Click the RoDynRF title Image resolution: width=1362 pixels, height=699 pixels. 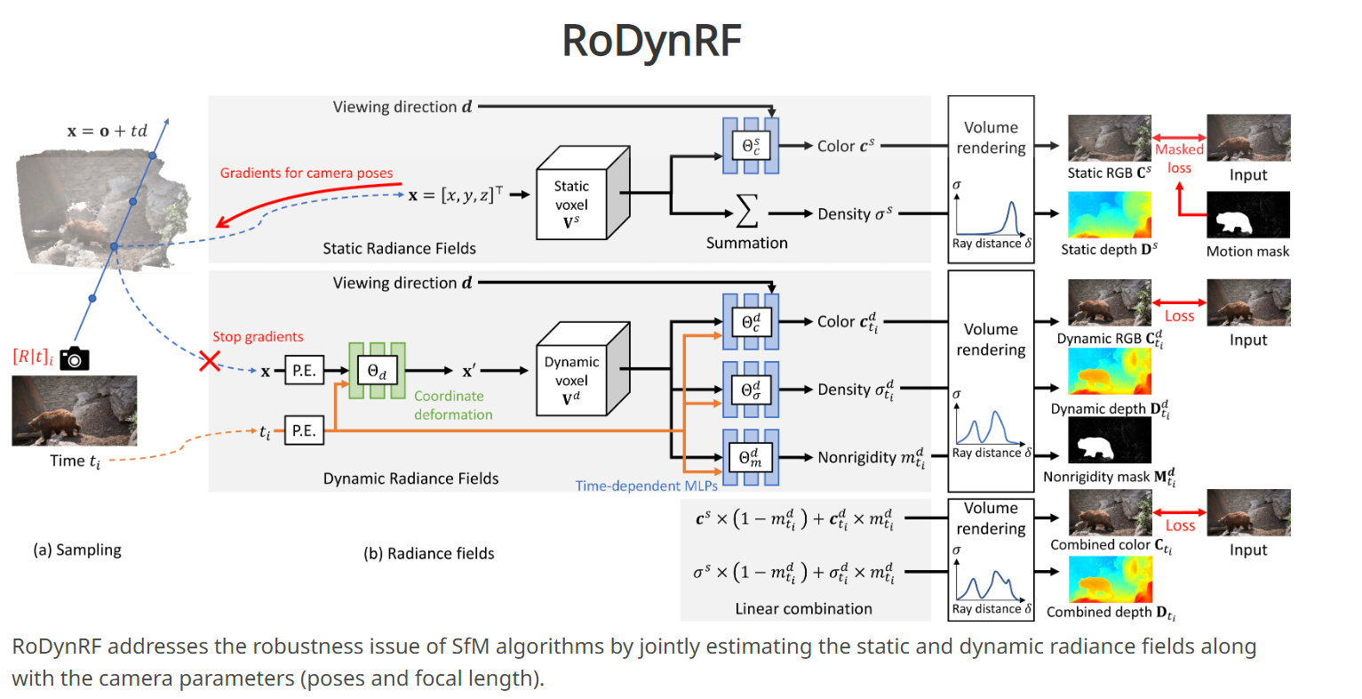[651, 40]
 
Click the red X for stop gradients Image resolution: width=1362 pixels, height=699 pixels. [209, 360]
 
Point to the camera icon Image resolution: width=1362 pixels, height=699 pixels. [75, 358]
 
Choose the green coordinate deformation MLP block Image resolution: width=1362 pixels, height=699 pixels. [377, 370]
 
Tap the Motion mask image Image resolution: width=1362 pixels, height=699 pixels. [1247, 215]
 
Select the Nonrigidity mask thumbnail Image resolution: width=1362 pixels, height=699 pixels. [1109, 440]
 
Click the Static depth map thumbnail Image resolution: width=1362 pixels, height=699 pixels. [1109, 214]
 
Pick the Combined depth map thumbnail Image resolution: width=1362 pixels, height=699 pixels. [1109, 579]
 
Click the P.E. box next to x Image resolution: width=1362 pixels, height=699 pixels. [304, 371]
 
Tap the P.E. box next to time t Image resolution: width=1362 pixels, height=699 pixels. [304, 430]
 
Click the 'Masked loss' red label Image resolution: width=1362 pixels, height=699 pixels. [1179, 158]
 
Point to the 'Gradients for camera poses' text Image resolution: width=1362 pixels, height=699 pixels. [307, 173]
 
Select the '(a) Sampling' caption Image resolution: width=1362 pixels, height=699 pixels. [77, 550]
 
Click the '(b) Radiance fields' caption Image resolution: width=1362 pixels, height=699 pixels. [429, 553]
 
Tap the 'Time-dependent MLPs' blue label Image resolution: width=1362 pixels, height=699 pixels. [646, 486]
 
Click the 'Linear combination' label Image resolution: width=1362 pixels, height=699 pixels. [803, 608]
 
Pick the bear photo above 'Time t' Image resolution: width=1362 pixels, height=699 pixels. [75, 410]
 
